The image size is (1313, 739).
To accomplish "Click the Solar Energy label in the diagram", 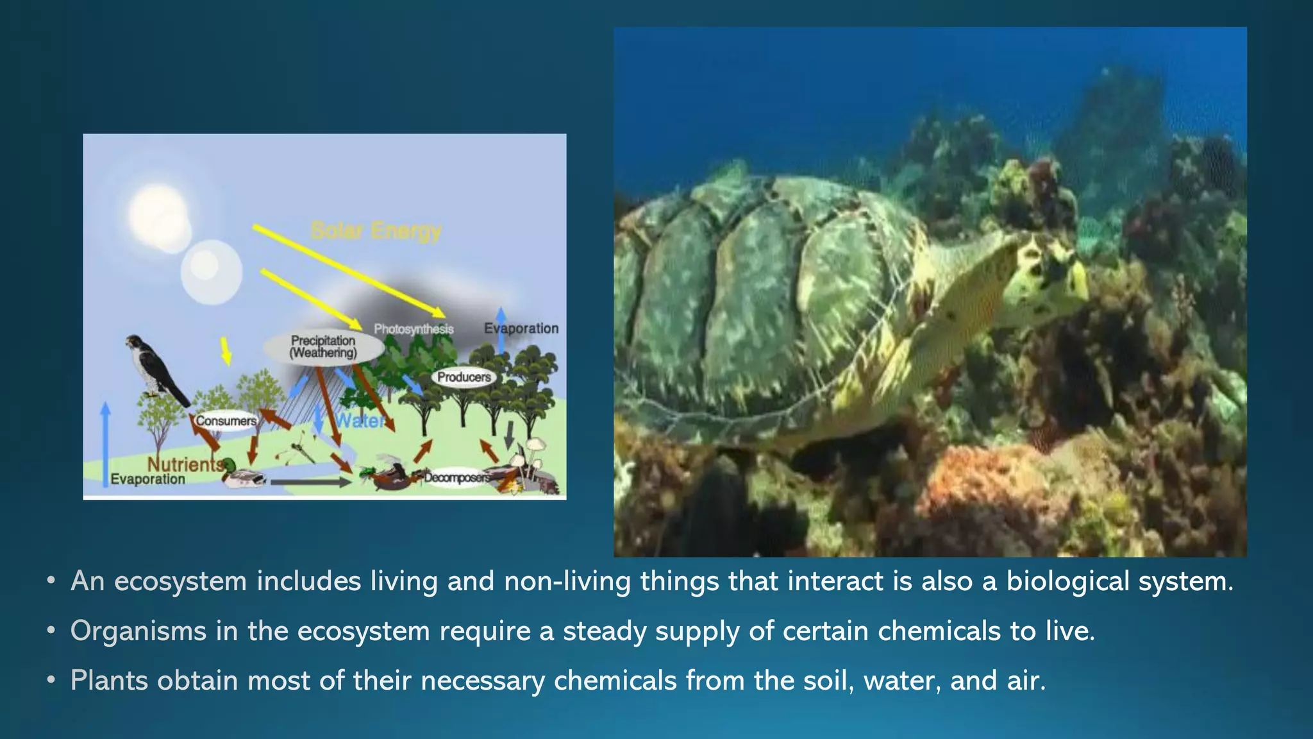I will click(x=376, y=230).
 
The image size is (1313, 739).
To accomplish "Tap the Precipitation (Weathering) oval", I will click(x=324, y=347).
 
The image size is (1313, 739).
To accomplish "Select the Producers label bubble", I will click(x=464, y=377).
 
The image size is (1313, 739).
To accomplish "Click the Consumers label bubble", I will click(x=226, y=421).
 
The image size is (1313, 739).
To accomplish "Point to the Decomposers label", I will click(x=456, y=477).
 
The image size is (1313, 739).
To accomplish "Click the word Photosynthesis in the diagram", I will click(x=414, y=329).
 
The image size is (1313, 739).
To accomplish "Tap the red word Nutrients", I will click(x=185, y=464).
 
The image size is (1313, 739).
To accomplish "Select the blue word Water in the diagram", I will click(x=360, y=421).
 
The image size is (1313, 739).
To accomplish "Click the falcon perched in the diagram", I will click(x=155, y=369).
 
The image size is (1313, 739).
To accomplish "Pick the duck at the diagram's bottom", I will click(x=242, y=475).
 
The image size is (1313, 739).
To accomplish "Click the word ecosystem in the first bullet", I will click(x=180, y=581).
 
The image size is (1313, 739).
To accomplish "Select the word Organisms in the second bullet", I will click(x=138, y=631).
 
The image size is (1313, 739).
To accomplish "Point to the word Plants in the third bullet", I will click(x=109, y=681).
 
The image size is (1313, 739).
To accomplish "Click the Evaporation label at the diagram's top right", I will click(x=521, y=328).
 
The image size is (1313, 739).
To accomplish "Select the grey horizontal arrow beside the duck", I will click(x=310, y=482).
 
